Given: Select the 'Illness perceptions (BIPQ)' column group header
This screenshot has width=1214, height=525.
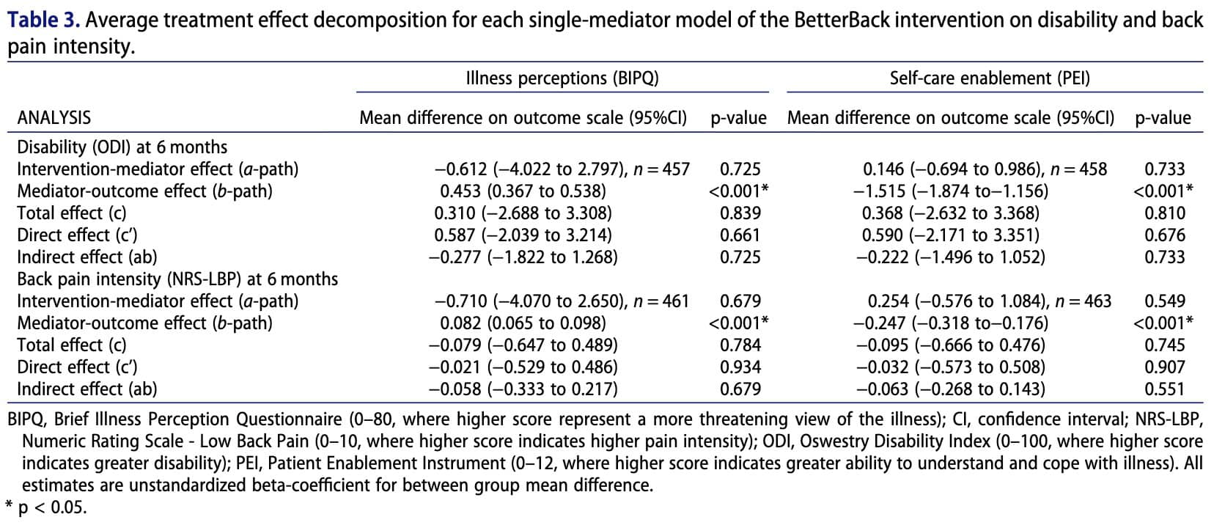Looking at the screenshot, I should click(x=562, y=78).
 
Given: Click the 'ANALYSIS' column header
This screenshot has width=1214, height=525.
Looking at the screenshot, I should click(x=54, y=118).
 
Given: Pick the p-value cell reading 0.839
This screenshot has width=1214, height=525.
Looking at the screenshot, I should click(x=740, y=213).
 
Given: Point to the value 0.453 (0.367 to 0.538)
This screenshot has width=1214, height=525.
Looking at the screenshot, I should click(x=523, y=191).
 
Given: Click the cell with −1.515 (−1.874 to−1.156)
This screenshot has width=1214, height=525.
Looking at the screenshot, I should click(x=951, y=191).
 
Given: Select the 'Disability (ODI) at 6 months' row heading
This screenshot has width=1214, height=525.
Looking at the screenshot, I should click(x=122, y=147).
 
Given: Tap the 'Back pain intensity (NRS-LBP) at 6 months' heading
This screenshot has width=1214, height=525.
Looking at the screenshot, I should click(x=177, y=279).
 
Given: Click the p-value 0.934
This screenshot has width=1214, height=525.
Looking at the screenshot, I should click(x=740, y=367).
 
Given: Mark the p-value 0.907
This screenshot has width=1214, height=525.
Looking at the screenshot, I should click(x=1164, y=367).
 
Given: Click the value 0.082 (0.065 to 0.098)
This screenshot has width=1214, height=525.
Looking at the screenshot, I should click(x=523, y=323).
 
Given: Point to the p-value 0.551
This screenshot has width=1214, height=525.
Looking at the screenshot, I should click(x=1164, y=389).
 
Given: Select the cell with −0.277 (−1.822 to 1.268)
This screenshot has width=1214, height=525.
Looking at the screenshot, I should click(x=523, y=257).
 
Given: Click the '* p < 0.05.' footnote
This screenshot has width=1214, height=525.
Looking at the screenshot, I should click(x=45, y=507).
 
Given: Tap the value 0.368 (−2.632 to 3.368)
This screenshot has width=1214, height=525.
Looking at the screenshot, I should click(x=951, y=213).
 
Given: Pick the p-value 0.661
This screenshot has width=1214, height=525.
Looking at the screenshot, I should click(x=740, y=235).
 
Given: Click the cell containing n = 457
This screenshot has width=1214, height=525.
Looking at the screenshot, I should click(x=562, y=169).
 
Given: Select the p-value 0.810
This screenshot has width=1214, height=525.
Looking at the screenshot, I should click(x=1164, y=213).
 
